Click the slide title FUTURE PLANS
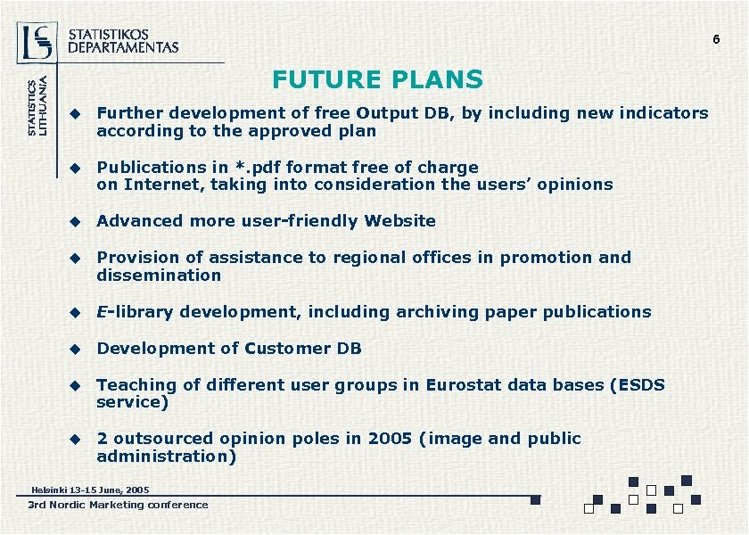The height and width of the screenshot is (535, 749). coord(377,80)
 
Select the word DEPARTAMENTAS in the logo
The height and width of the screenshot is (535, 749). coord(123,47)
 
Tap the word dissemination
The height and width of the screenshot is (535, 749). coord(159,276)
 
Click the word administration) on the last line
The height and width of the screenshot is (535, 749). coord(166,457)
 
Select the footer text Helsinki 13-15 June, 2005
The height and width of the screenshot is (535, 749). coord(90,490)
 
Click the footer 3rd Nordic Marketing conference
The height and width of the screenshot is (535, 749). coord(118,505)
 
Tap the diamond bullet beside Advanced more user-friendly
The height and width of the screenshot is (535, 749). coord(77,221)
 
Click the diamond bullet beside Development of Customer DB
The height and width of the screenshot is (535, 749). coord(77,349)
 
